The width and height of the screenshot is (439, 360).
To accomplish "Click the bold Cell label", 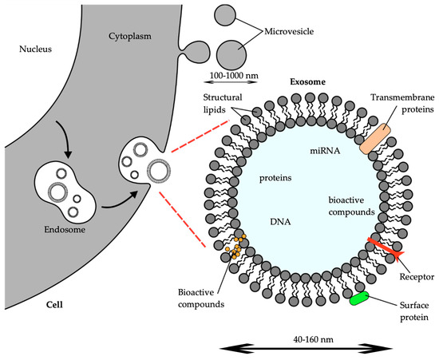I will click(30, 304).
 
